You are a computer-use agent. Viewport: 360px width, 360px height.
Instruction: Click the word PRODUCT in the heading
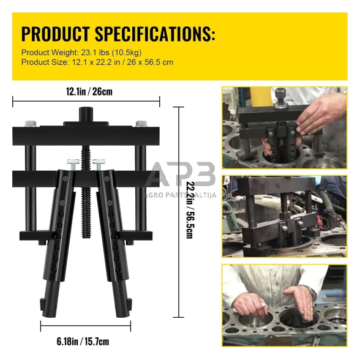55,34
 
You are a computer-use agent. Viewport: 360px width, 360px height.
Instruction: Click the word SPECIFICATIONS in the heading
156,34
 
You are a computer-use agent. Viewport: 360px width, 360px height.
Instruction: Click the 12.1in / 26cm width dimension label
89,92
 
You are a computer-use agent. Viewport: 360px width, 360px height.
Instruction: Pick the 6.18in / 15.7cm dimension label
83,342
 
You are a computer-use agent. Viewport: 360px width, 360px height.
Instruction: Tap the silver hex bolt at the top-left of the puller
31,123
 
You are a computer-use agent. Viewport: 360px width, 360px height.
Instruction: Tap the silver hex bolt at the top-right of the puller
141,123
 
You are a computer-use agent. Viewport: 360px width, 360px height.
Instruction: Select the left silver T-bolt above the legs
73,164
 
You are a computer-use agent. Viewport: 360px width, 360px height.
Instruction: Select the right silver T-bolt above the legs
99,164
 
